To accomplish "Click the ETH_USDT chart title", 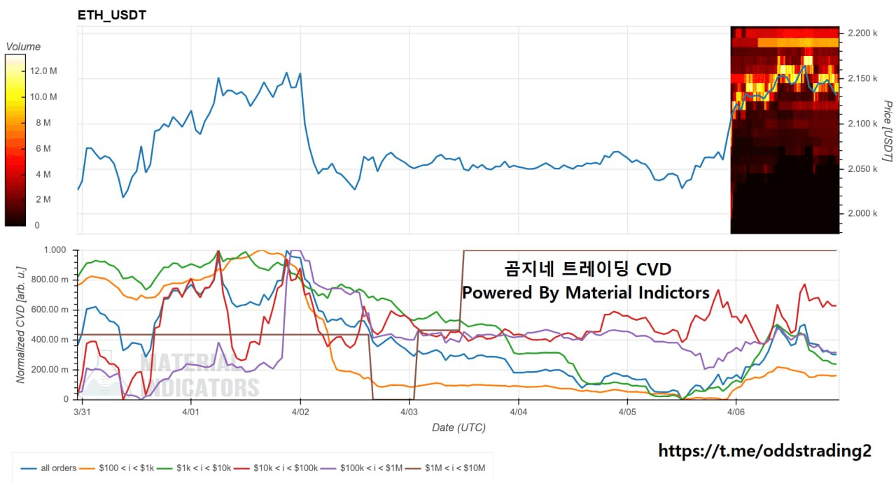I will (112, 15).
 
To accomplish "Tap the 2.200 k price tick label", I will (862, 33).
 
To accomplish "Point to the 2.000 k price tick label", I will (862, 213).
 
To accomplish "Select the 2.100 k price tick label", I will (862, 124).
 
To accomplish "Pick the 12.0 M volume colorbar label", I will (43, 71).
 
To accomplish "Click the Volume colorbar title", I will (23, 47).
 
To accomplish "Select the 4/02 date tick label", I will (300, 412).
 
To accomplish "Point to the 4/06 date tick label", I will (736, 412).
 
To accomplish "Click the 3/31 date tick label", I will (82, 412).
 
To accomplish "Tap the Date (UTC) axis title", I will (458, 427).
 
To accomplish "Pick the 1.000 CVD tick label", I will (55, 250).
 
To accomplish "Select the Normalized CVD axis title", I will (21, 325).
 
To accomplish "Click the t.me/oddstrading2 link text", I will (765, 451).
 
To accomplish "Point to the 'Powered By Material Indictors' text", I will (585, 293).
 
